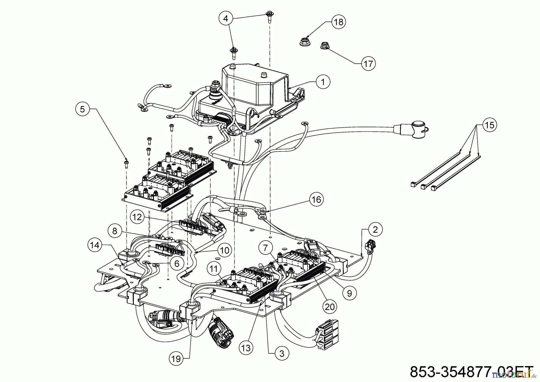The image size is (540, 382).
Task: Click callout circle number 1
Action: click(323, 81)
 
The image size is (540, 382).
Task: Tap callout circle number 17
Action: click(368, 64)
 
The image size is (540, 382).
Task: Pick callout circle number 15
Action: click(489, 125)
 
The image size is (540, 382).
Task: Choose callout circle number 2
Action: click(375, 229)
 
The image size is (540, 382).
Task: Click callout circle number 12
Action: click(137, 217)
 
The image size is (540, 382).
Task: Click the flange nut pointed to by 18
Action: click(304, 42)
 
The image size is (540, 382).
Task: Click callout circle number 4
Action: click(226, 18)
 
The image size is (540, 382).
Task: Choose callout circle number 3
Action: click(281, 353)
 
